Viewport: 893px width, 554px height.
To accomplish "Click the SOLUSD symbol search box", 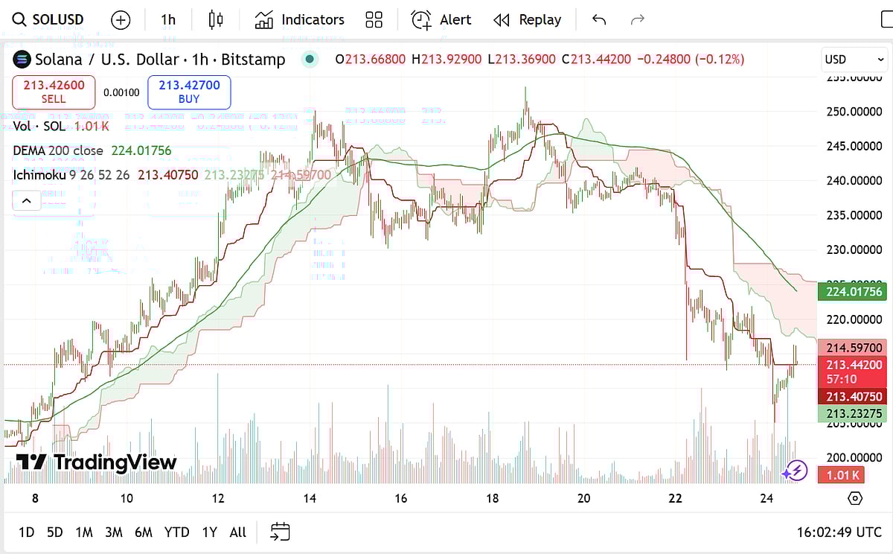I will (49, 20).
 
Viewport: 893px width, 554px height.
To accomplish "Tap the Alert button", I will (442, 20).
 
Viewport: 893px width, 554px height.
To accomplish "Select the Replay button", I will (528, 20).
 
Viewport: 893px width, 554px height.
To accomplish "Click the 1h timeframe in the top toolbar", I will (168, 20).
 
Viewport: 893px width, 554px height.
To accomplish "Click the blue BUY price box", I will (189, 92).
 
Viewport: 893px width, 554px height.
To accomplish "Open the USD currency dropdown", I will (854, 59).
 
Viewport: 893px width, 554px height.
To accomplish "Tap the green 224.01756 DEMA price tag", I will (854, 291).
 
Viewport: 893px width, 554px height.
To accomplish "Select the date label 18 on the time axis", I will (493, 498).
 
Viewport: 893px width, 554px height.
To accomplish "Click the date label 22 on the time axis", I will (675, 498).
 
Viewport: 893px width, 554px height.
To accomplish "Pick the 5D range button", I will (55, 532).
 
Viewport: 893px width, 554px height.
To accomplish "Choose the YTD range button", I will (176, 532).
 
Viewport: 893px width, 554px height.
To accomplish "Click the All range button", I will (237, 532).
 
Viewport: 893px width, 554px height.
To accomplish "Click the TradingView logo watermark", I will (97, 462).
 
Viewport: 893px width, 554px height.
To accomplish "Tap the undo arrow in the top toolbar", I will (599, 20).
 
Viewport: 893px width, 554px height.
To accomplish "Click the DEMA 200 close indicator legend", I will (92, 150).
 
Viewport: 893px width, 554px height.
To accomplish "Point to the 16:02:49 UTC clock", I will (839, 532).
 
